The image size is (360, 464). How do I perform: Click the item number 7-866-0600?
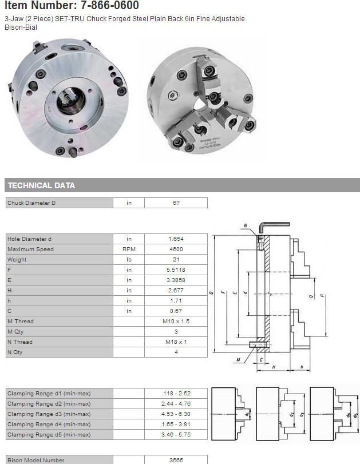click(x=109, y=5)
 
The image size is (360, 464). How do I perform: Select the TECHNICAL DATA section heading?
click(x=41, y=185)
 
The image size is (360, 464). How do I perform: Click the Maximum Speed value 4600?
click(x=176, y=249)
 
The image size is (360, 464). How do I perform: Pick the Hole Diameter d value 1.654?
click(x=176, y=239)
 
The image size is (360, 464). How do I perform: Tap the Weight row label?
click(x=17, y=260)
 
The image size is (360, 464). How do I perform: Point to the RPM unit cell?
click(x=129, y=249)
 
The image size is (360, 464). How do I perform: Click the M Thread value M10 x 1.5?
click(x=176, y=322)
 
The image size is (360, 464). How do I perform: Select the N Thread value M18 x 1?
click(x=176, y=342)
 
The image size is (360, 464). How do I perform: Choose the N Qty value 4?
click(x=176, y=352)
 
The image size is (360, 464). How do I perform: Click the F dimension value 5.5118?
click(x=176, y=270)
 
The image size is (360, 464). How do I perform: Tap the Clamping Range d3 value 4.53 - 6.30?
click(x=176, y=414)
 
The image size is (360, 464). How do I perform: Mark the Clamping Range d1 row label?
click(x=49, y=394)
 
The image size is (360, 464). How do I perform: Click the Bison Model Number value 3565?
click(x=176, y=460)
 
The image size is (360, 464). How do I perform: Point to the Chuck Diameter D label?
click(x=31, y=203)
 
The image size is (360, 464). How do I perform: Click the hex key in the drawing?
click(x=271, y=228)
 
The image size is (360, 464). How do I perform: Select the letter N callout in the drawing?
click(x=246, y=226)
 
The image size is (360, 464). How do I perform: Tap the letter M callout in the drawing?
click(x=238, y=360)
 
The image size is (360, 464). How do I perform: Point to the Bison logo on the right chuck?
click(x=172, y=96)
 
